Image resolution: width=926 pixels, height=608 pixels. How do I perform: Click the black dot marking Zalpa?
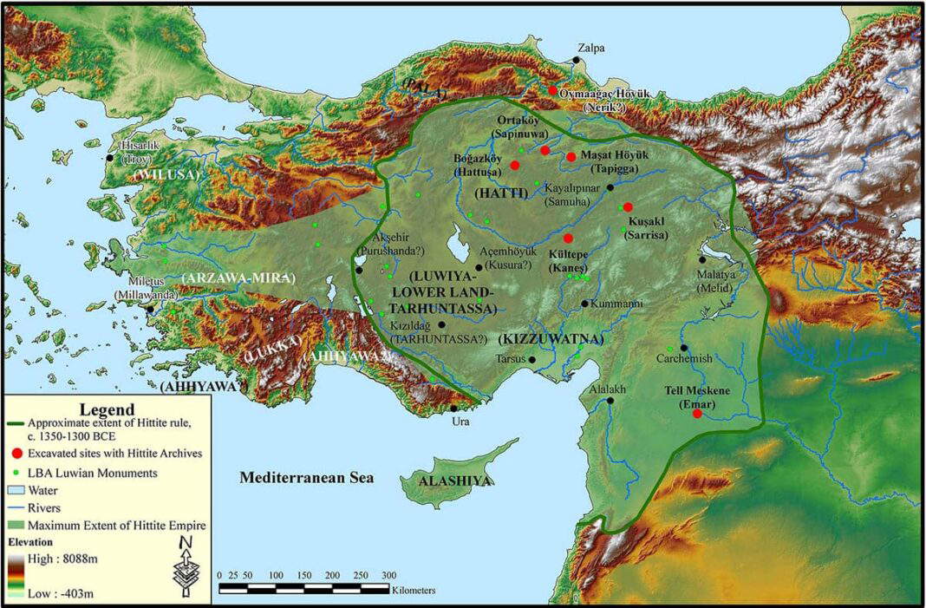[x=576, y=60]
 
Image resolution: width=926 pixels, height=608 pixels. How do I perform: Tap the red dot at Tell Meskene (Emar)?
[x=697, y=414]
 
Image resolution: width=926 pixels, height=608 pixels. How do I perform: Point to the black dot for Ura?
[x=453, y=408]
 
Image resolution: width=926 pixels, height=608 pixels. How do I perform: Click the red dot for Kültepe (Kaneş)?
[x=569, y=239]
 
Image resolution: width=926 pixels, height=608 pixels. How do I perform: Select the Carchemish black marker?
[x=684, y=348]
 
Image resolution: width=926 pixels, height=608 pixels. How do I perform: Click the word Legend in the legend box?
[x=107, y=409]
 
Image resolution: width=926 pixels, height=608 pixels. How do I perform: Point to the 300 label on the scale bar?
[x=388, y=576]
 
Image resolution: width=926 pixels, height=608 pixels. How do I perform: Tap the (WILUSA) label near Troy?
[x=166, y=174]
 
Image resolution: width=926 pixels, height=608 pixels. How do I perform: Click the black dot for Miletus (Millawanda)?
[x=150, y=308]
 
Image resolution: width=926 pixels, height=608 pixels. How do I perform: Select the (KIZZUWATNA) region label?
[x=551, y=338]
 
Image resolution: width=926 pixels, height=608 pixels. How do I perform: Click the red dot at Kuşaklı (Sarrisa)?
[x=627, y=206]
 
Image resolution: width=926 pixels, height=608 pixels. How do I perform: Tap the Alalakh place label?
[x=607, y=390]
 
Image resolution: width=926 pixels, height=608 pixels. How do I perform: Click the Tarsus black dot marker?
[x=532, y=359]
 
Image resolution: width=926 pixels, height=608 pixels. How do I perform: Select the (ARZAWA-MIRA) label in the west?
[x=238, y=278]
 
